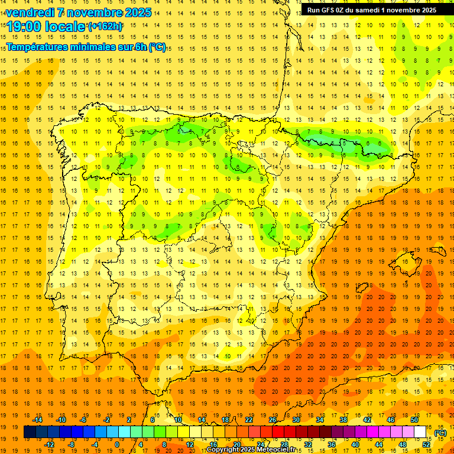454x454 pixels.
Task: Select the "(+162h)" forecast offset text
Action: click(x=105, y=27)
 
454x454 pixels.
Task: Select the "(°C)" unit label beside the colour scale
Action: click(x=440, y=433)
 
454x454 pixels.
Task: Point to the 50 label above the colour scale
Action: click(x=414, y=420)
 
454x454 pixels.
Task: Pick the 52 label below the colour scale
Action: click(x=426, y=445)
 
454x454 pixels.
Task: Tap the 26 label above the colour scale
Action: click(x=273, y=420)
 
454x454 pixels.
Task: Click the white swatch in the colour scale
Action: click(x=420, y=432)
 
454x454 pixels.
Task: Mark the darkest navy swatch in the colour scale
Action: click(x=30, y=432)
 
